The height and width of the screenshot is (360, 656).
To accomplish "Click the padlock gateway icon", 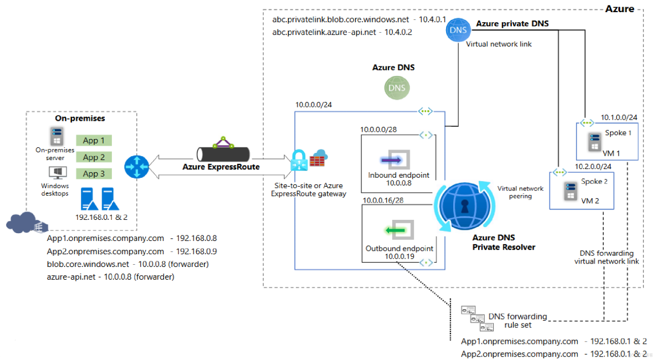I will click(x=299, y=161).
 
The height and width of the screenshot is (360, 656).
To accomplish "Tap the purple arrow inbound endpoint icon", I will click(x=395, y=160).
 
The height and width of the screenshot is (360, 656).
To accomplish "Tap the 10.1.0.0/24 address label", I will click(x=619, y=117).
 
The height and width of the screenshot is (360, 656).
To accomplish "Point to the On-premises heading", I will click(x=80, y=119).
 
